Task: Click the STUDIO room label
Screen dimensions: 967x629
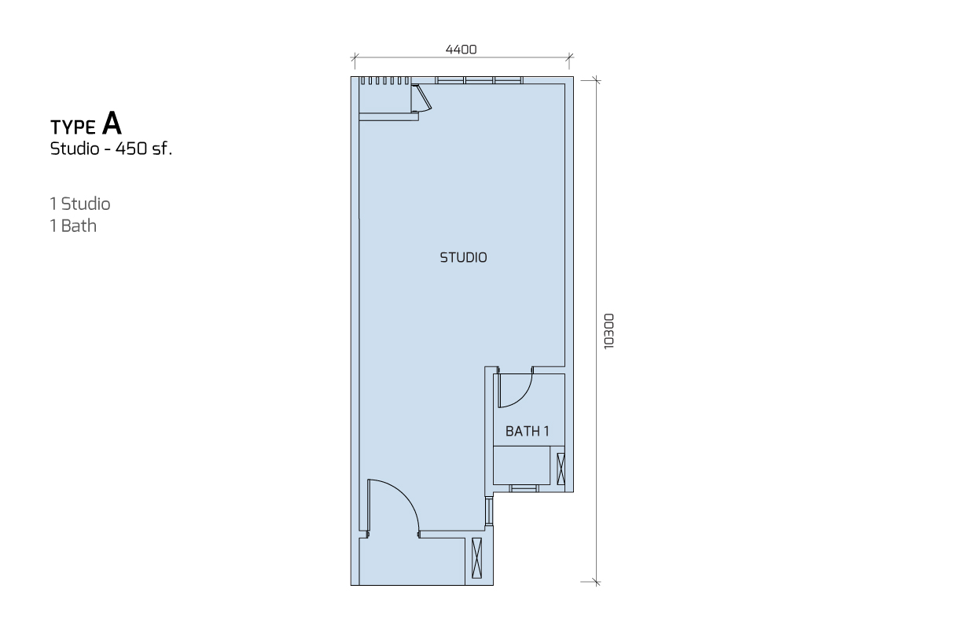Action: click(463, 257)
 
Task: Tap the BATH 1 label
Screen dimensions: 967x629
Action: click(527, 431)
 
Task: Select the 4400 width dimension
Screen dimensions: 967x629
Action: click(461, 50)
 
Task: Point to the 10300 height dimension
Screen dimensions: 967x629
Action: click(609, 331)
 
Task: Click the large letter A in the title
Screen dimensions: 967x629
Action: click(112, 123)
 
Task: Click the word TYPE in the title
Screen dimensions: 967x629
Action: click(73, 127)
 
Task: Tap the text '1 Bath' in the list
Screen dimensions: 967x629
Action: click(73, 226)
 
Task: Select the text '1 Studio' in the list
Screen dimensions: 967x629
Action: click(80, 204)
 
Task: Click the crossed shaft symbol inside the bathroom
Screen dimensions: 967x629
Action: click(561, 469)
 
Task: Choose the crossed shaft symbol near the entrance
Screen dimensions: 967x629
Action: click(476, 557)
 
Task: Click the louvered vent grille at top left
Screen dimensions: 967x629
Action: click(385, 81)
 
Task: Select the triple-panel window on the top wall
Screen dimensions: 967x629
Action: click(479, 80)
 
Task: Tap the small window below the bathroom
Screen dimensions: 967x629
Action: click(524, 488)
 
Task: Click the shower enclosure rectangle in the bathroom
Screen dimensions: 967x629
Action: click(521, 465)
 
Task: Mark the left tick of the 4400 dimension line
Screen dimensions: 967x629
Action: click(355, 57)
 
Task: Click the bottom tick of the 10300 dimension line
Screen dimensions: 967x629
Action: click(596, 582)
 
